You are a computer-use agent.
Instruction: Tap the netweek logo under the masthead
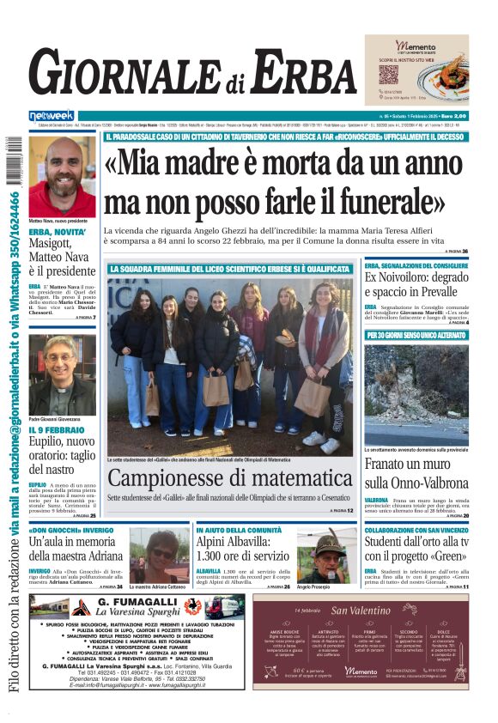click(x=52, y=116)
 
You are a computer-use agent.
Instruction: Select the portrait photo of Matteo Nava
click(x=62, y=176)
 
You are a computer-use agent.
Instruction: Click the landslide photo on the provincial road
click(x=416, y=395)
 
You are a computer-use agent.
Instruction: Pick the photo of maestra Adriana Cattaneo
click(x=159, y=556)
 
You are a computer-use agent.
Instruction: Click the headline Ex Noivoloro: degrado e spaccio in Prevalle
click(x=416, y=285)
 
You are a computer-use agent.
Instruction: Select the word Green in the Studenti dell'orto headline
click(x=429, y=556)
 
